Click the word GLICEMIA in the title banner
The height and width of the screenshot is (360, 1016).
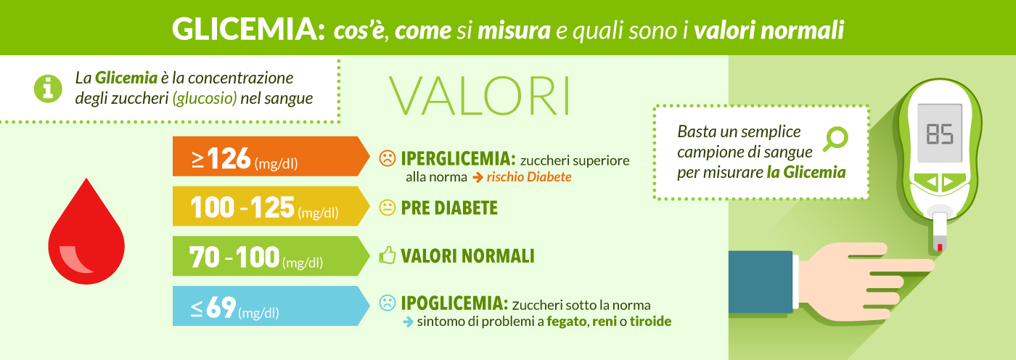[x=248, y=30]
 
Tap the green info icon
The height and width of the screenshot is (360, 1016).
[x=48, y=89]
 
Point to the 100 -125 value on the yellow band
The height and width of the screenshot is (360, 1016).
[x=242, y=207]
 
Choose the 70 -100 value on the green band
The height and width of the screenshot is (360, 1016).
[x=234, y=257]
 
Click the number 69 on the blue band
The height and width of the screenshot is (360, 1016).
[x=221, y=308]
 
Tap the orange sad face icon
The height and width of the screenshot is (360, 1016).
[x=388, y=158]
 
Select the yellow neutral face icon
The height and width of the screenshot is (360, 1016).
[x=388, y=208]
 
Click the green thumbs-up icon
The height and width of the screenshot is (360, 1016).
[x=388, y=255]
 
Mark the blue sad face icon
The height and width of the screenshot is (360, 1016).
[x=388, y=303]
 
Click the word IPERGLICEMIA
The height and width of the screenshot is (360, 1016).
[x=458, y=159]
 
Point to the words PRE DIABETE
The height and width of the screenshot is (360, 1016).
[x=449, y=208]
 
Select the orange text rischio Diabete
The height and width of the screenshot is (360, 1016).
[x=529, y=177]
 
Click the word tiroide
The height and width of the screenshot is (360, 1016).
[x=650, y=321]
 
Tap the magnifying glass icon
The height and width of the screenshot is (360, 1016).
[x=836, y=139]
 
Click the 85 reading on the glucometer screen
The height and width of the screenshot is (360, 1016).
[x=939, y=134]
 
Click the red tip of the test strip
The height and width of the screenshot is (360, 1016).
[x=939, y=247]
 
